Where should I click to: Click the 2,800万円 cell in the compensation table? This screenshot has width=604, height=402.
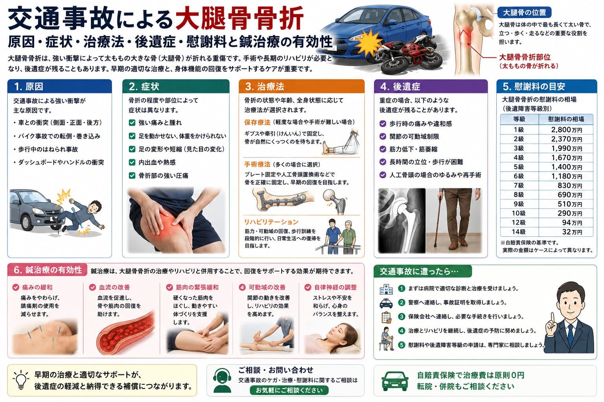pos(566,130)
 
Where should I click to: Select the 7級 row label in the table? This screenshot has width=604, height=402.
pos(519,186)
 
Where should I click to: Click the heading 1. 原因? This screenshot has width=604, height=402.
pos(29,86)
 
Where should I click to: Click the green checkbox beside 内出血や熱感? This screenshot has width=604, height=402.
pos(132,163)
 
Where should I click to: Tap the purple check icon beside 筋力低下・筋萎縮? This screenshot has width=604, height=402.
pos(383,149)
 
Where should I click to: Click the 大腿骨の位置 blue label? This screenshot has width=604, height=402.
pos(524,13)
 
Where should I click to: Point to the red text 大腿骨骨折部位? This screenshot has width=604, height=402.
pos(525,57)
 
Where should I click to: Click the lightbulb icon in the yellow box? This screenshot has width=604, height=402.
pos(21,380)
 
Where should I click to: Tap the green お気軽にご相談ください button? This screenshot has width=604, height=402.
pos(289,390)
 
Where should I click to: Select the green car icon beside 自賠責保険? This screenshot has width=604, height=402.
pos(395,381)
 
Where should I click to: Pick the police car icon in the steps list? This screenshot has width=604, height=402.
pos(386,303)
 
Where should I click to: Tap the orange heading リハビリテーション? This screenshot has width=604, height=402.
pos(271,222)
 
